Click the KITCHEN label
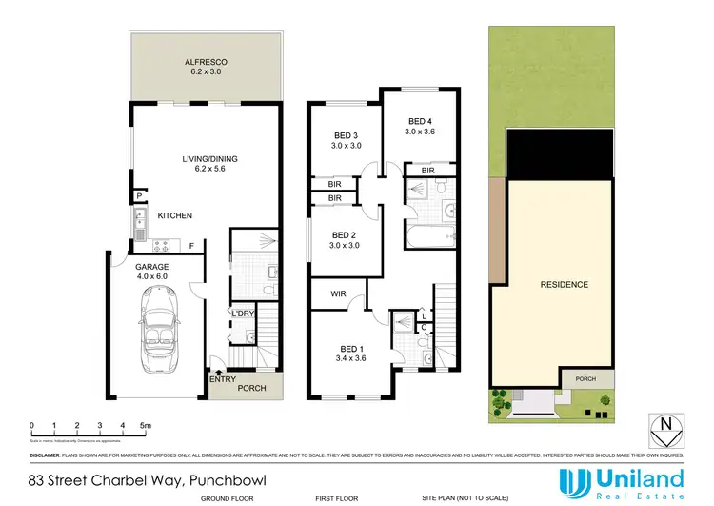tap(175, 216)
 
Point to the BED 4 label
tap(419, 121)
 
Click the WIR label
tap(338, 294)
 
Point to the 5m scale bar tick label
tap(145, 425)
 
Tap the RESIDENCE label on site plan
tap(564, 284)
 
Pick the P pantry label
tap(140, 196)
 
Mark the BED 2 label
tap(344, 235)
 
